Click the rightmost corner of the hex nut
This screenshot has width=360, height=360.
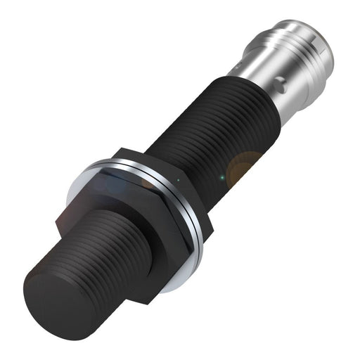coord(210,211)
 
